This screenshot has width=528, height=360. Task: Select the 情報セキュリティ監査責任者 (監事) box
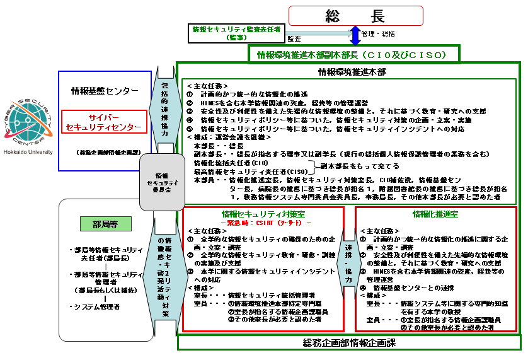tap(236, 33)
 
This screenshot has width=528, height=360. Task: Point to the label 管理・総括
tap(379, 33)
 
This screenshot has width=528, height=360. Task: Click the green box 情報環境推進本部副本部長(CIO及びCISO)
tap(355, 55)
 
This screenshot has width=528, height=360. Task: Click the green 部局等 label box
tap(101, 224)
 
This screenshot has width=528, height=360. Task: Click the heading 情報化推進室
tap(434, 215)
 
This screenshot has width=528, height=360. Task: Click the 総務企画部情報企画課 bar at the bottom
tap(350, 342)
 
